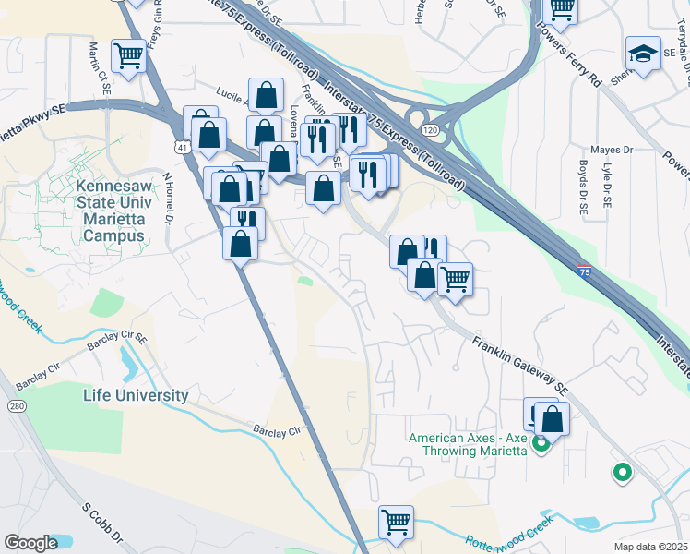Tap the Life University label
pos(136,395)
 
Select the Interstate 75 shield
pos(585,271)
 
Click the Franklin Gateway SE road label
pos(518,365)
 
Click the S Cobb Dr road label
pos(101,523)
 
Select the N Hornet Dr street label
pos(169,197)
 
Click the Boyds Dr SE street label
pos(583,188)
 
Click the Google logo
pos(30,543)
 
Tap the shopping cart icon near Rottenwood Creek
pos(396,522)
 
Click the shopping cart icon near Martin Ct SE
pos(128,55)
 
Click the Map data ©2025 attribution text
pos(650,547)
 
